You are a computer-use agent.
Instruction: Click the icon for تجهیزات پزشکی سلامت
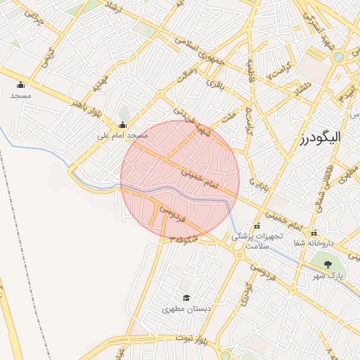point(257,226)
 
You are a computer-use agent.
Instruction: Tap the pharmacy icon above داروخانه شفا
point(314,233)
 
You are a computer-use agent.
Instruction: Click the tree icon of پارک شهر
point(327,264)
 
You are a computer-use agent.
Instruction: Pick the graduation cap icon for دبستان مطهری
point(186,298)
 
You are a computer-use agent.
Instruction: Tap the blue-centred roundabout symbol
point(339,57)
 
